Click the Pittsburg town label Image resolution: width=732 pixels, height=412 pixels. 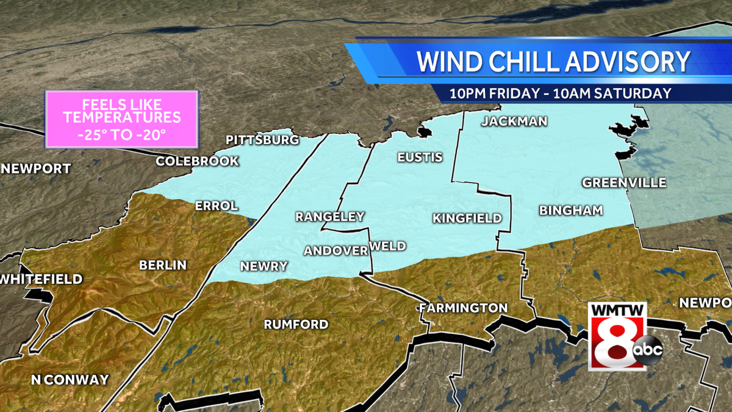[262, 140]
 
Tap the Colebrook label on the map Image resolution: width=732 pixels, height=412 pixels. [197, 161]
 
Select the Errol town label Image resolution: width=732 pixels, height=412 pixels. [216, 206]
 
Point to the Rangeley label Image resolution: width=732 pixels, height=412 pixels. [329, 216]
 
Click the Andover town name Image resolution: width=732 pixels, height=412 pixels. [335, 250]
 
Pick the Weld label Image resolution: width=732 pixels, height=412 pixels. [388, 245]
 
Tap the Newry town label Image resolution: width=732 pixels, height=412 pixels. [264, 266]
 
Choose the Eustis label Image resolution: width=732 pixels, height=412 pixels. [420, 157]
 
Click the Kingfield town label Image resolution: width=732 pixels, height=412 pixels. [467, 218]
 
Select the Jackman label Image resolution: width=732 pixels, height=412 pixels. [514, 121]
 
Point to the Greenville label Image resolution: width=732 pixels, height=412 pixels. [623, 183]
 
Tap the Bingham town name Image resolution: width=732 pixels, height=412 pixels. [570, 210]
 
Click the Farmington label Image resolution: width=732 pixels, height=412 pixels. [464, 308]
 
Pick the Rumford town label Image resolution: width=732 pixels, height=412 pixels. [296, 324]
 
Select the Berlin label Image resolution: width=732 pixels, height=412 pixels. [163, 265]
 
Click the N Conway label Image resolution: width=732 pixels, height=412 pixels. [70, 380]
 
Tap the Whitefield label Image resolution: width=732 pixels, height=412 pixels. [41, 279]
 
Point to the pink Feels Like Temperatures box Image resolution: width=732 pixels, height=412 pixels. [122, 119]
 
